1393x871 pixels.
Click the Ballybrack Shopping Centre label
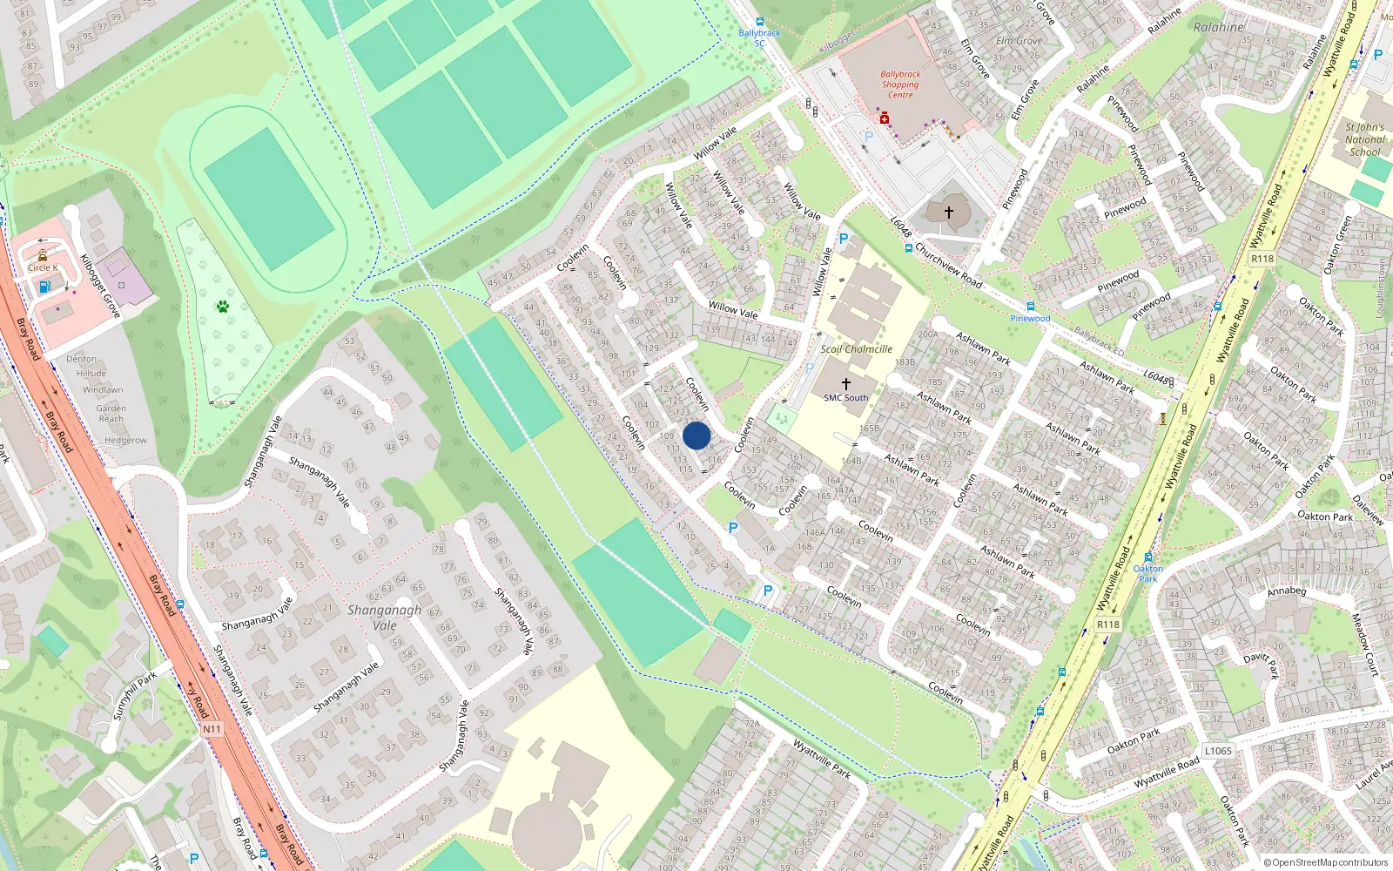[900, 84]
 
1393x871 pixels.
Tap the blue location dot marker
[696, 435]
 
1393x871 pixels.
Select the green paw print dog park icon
[223, 307]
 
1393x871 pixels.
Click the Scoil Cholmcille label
[857, 349]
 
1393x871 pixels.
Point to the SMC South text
[846, 398]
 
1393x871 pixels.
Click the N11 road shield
[212, 729]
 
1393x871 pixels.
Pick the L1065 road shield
[1218, 751]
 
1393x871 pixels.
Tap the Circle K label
[43, 268]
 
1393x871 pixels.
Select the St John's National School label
[1364, 139]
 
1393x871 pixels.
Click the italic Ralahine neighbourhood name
[1219, 27]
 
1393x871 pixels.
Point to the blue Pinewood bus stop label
[1030, 319]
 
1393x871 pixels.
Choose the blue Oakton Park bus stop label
[1148, 574]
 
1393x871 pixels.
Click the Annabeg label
[1287, 591]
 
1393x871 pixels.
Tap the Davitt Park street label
[1262, 665]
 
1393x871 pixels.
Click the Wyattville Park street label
[822, 759]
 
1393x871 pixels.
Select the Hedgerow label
[125, 441]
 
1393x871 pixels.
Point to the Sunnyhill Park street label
[135, 695]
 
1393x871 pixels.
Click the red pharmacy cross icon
[885, 118]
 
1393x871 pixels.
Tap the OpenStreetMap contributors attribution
[1326, 863]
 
